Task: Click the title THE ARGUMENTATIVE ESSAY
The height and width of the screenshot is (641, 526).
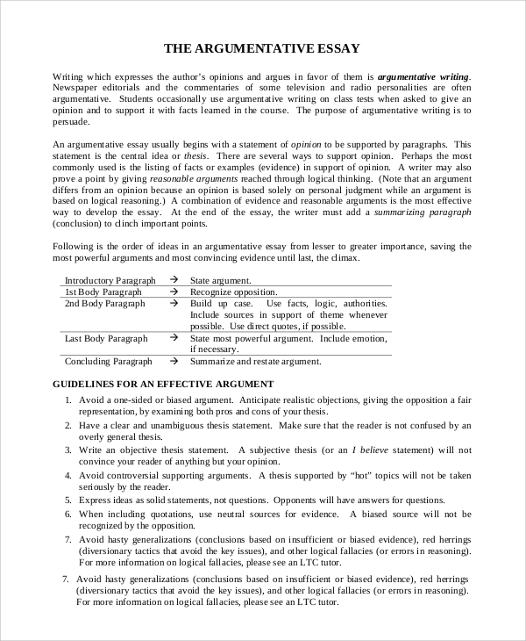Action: pos(263,48)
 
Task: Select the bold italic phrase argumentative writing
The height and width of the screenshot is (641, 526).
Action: pos(424,76)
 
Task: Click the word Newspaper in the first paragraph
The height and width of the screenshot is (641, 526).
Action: pos(79,88)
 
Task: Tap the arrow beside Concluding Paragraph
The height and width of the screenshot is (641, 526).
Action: pos(174,361)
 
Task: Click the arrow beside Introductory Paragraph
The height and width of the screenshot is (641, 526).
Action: pos(174,280)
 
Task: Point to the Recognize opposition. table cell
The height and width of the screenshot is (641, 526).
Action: pos(234,292)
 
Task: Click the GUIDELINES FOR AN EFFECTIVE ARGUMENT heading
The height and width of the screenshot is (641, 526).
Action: pos(164,384)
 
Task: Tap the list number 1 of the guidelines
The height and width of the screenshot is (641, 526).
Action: pos(68,400)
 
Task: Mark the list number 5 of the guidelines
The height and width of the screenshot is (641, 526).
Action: pos(68,500)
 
